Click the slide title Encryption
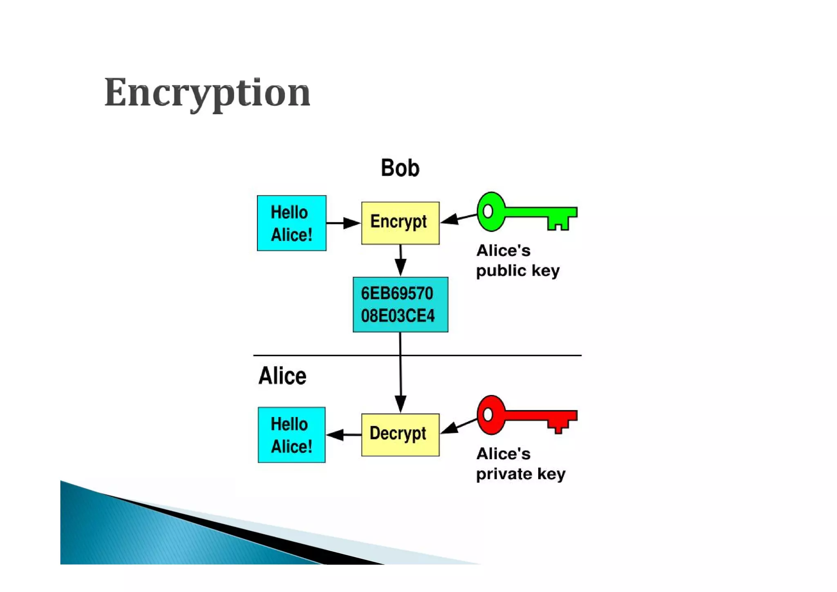click(x=207, y=93)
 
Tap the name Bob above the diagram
click(x=400, y=168)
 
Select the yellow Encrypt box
click(x=400, y=223)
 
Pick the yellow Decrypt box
click(x=400, y=435)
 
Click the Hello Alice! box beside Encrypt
click(x=291, y=223)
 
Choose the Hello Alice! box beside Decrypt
click(x=291, y=435)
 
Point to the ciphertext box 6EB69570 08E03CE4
click(x=400, y=305)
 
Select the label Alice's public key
click(x=517, y=260)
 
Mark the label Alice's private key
click(x=520, y=464)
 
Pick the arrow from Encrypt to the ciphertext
click(x=401, y=260)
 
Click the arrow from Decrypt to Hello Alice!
click(x=343, y=435)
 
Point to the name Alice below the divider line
click(x=282, y=376)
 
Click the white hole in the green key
click(x=488, y=211)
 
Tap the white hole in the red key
click(x=488, y=415)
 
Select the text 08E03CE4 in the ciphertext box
click(x=398, y=316)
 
